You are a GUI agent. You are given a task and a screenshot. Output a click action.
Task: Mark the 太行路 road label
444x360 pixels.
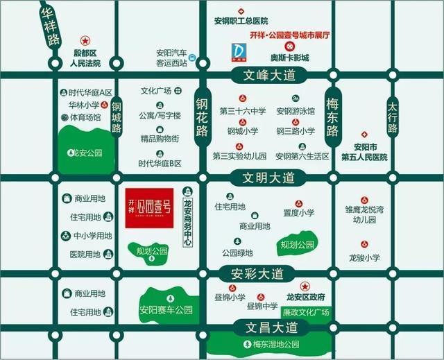(393, 119)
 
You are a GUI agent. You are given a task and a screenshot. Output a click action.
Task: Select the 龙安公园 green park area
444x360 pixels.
(84, 152)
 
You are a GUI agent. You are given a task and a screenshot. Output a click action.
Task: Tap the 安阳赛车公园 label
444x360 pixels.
(165, 309)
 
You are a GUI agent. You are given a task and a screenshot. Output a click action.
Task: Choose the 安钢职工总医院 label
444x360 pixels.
(241, 22)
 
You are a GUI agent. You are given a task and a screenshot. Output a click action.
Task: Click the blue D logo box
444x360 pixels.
(240, 51)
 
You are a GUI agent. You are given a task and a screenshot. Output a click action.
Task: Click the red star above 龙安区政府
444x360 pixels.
(303, 286)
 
